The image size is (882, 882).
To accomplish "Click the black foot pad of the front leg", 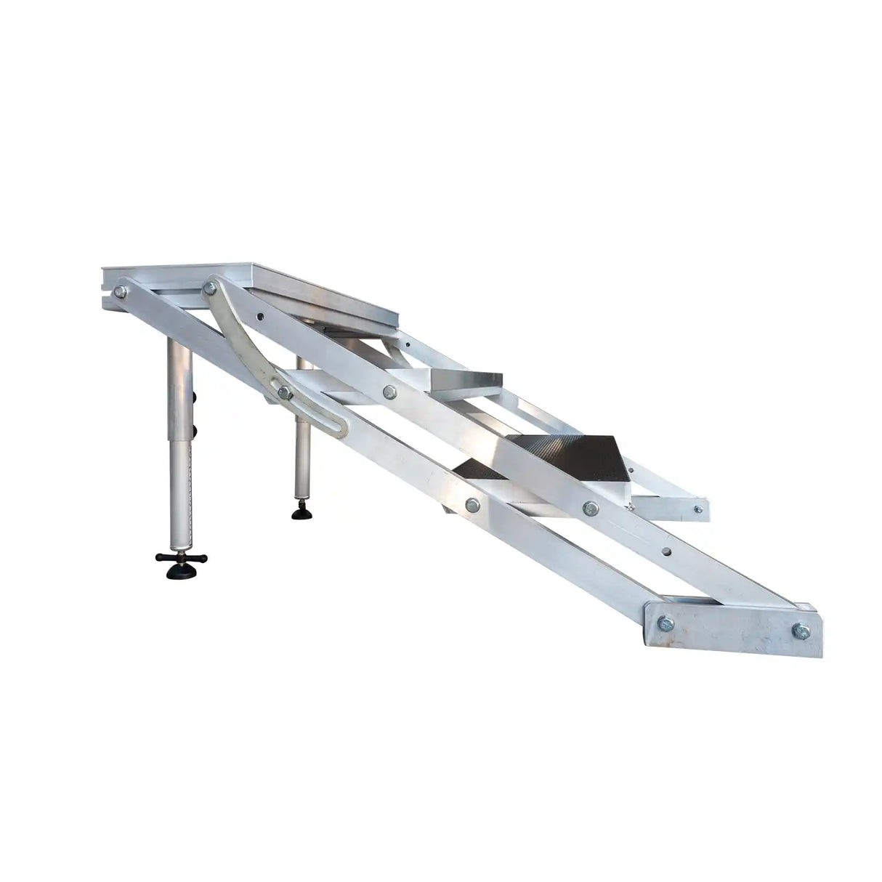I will point(181,573).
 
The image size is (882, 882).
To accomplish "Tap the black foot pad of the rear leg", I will point(300,514).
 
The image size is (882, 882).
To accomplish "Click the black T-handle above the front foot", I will point(181,559).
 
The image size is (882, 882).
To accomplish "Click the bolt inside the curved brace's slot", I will point(285,392).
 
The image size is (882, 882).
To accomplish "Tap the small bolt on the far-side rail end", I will point(699,509).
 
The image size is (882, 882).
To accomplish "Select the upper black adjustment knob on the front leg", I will point(194,396).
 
